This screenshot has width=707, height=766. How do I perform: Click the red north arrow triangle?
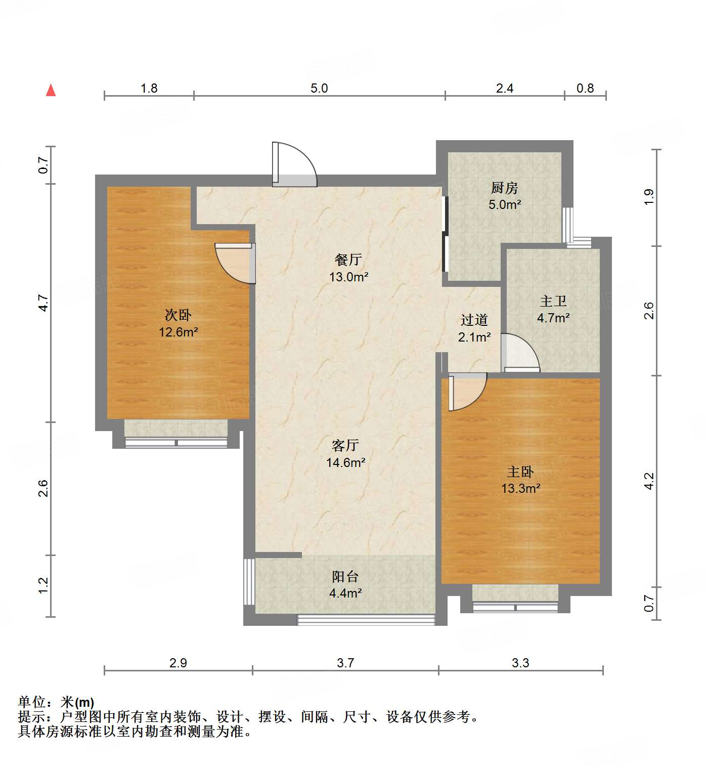(x=51, y=90)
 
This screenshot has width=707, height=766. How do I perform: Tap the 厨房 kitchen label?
(x=504, y=188)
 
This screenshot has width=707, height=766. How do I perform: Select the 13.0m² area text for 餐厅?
(x=348, y=277)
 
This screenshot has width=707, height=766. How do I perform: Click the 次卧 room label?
(x=178, y=315)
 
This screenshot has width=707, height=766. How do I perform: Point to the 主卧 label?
(x=520, y=472)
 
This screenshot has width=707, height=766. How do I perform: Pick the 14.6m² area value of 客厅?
(x=346, y=462)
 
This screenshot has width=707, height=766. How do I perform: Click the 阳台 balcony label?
(x=345, y=576)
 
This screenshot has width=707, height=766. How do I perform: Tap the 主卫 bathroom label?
(x=553, y=302)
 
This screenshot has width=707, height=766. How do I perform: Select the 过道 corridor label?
(x=474, y=320)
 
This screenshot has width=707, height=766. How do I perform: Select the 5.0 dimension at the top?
(x=319, y=89)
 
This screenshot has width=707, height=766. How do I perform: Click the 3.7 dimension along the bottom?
(x=345, y=663)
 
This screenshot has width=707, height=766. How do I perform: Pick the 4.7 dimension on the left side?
(x=43, y=303)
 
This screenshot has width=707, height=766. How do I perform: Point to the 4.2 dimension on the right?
(x=649, y=481)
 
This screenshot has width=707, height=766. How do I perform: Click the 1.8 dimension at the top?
(x=149, y=89)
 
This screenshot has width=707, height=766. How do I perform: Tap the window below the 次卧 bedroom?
(x=176, y=443)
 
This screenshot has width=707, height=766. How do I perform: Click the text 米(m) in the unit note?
(x=77, y=702)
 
